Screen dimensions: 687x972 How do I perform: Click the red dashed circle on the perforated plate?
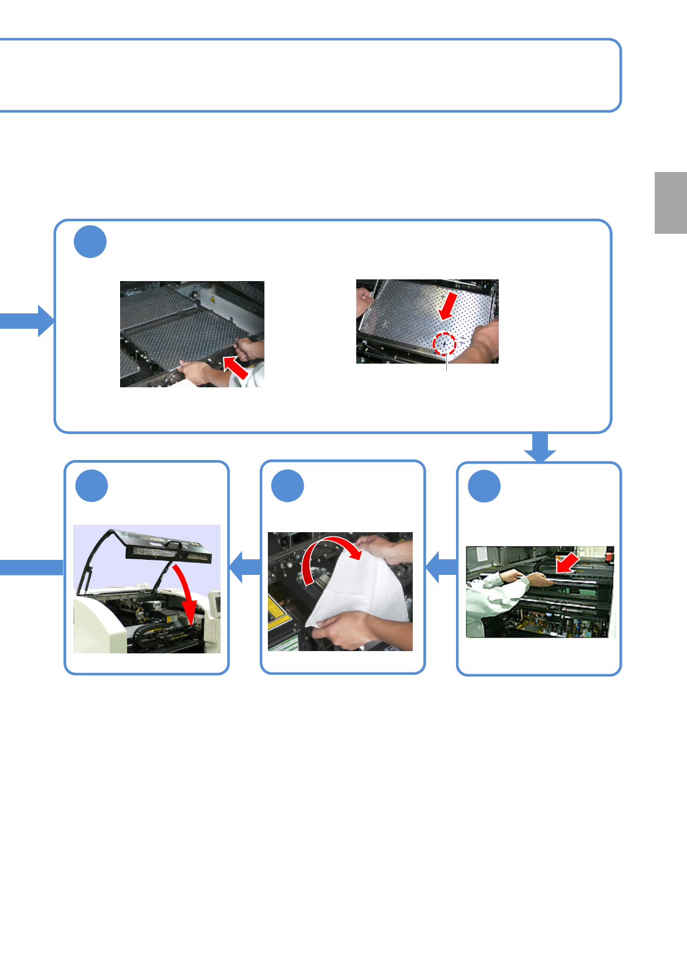tap(445, 344)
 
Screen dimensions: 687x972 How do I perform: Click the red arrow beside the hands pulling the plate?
tap(236, 368)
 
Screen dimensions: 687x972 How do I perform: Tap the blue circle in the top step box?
tap(90, 242)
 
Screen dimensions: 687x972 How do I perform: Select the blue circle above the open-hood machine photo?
tap(91, 486)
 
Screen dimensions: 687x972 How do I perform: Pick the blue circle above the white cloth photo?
tap(288, 486)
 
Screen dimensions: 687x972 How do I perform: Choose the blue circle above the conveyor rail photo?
tap(484, 487)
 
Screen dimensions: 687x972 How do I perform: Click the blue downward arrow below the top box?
tap(540, 447)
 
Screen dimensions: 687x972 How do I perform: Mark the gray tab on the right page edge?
tap(670, 203)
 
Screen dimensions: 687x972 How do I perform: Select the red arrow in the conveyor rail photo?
tap(567, 562)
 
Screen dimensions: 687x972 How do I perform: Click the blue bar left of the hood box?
tap(31, 567)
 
